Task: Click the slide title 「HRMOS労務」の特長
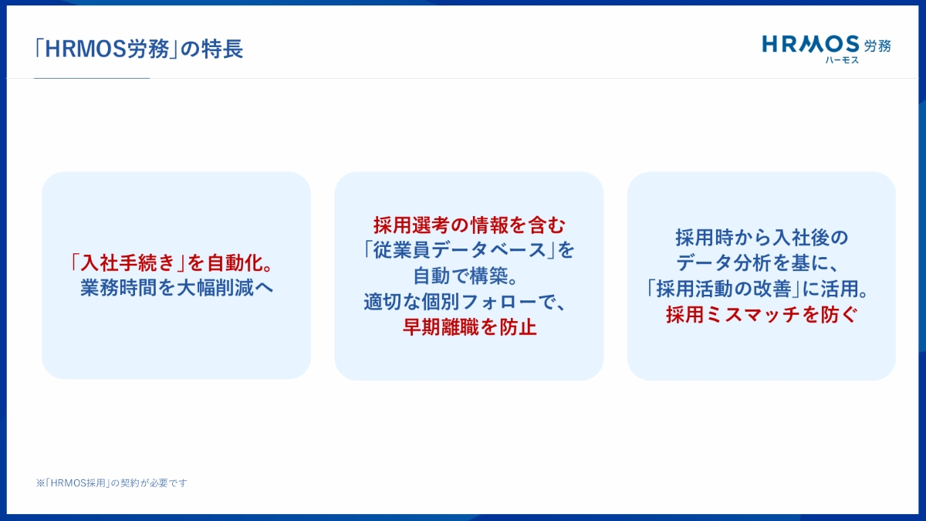[x=139, y=49]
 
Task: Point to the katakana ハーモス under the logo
[x=842, y=60]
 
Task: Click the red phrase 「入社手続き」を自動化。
[x=171, y=263]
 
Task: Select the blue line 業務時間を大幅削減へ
[x=177, y=288]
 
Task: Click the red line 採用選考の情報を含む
[x=469, y=225]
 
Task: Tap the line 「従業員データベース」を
[x=469, y=251]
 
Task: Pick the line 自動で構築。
[x=465, y=276]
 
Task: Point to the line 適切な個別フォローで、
[x=465, y=302]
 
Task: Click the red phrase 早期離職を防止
[x=470, y=327]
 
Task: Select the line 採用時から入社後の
[x=762, y=238]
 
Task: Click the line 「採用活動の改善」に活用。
[x=757, y=289]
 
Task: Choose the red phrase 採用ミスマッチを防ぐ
[x=762, y=315]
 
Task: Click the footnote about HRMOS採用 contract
[x=112, y=483]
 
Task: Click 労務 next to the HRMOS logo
[x=877, y=46]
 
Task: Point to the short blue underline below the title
[x=91, y=78]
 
